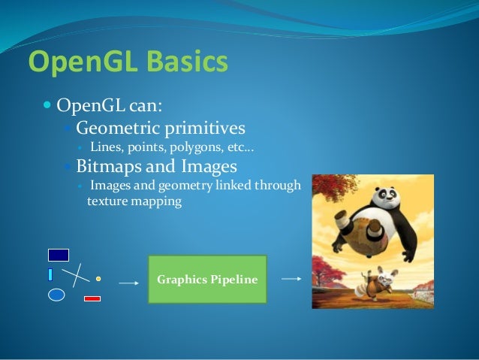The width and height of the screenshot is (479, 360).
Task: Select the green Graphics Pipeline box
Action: (207, 280)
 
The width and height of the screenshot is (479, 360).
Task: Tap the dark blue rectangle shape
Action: (59, 255)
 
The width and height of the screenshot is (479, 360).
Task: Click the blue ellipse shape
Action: (56, 295)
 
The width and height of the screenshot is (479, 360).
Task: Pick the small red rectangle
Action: (92, 298)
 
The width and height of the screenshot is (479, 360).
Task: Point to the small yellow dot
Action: (98, 278)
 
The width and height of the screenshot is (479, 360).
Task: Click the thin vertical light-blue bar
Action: (50, 274)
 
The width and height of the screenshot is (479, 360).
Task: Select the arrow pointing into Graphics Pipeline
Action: (129, 283)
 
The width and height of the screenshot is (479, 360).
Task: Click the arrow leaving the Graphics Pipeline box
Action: (291, 278)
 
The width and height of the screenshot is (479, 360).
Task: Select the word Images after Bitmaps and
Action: (212, 165)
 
